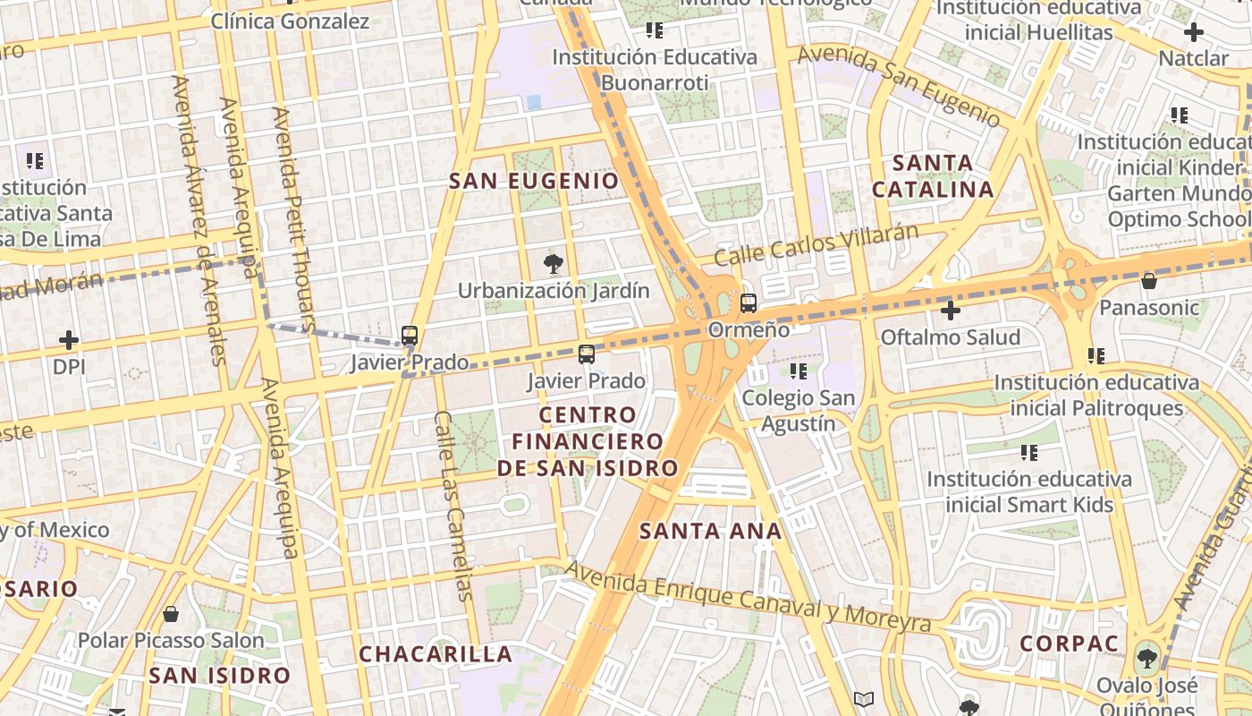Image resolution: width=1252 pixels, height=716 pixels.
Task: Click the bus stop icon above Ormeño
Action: [749, 303]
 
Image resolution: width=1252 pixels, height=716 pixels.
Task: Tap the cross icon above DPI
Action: [68, 340]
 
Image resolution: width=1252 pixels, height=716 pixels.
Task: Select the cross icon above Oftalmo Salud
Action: [951, 311]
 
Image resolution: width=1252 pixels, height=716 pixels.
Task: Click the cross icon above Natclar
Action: [1193, 33]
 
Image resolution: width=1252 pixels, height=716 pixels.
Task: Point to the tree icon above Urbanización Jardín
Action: [554, 263]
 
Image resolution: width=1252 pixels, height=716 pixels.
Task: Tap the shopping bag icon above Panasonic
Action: [1149, 281]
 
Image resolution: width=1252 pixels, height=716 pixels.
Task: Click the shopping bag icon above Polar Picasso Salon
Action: [170, 614]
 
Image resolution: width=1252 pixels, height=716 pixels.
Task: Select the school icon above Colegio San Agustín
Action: [799, 371]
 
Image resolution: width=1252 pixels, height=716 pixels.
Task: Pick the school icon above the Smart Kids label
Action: [1029, 452]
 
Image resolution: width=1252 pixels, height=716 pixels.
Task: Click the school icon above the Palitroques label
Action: [1096, 356]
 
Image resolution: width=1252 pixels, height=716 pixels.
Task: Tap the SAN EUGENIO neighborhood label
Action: [534, 181]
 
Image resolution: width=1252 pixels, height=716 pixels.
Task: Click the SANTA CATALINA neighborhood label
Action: [933, 176]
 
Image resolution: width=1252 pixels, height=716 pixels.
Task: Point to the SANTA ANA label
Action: [711, 531]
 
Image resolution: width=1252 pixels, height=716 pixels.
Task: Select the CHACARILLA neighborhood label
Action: [436, 654]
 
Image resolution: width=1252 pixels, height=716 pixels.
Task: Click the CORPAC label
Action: [1069, 644]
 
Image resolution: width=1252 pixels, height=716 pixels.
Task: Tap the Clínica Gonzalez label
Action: [290, 21]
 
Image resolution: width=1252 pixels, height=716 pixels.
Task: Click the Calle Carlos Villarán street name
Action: [816, 244]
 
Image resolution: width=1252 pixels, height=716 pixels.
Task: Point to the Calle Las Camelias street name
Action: [453, 506]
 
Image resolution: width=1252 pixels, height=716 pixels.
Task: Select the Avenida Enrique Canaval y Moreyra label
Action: [748, 601]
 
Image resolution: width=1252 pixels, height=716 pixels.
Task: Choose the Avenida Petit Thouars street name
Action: [294, 219]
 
